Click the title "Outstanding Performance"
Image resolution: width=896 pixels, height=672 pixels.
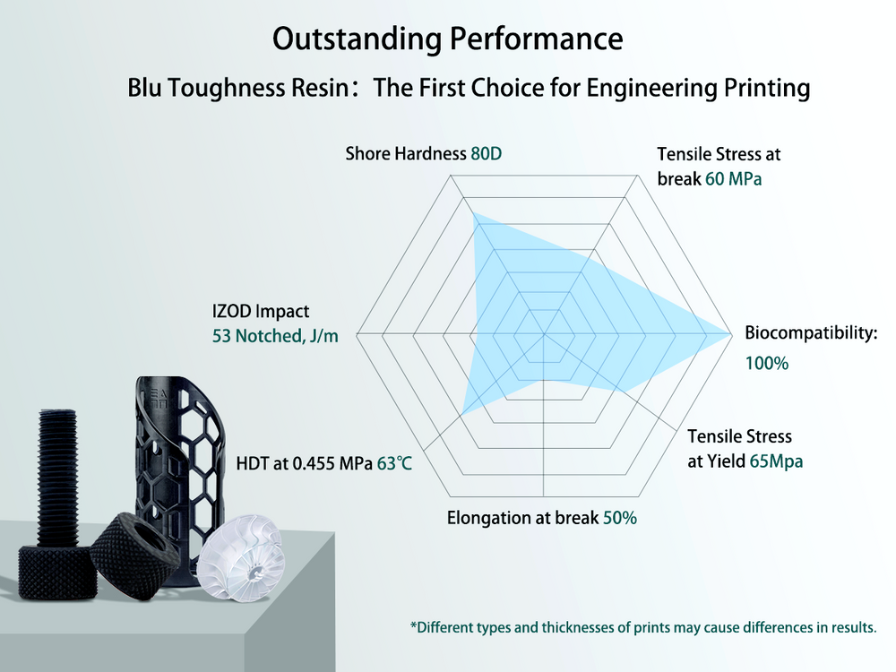point(447,39)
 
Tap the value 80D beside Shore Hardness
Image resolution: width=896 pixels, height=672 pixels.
point(486,154)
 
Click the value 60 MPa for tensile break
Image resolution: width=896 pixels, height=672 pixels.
point(733,178)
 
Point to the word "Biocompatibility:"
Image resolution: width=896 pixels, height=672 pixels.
point(811,333)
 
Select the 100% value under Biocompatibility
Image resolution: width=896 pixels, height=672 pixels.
point(766,364)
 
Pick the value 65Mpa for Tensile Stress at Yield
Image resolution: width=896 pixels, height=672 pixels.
point(776,461)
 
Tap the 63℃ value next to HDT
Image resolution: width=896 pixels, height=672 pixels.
point(394,464)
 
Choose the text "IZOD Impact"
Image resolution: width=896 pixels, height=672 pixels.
point(261,311)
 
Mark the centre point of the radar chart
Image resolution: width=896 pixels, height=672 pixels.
point(545,334)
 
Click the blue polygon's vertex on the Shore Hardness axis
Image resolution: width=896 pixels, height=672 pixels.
point(473,211)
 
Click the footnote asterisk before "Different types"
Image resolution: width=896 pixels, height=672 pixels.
point(413,626)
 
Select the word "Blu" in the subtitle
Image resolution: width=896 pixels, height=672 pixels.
point(145,89)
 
